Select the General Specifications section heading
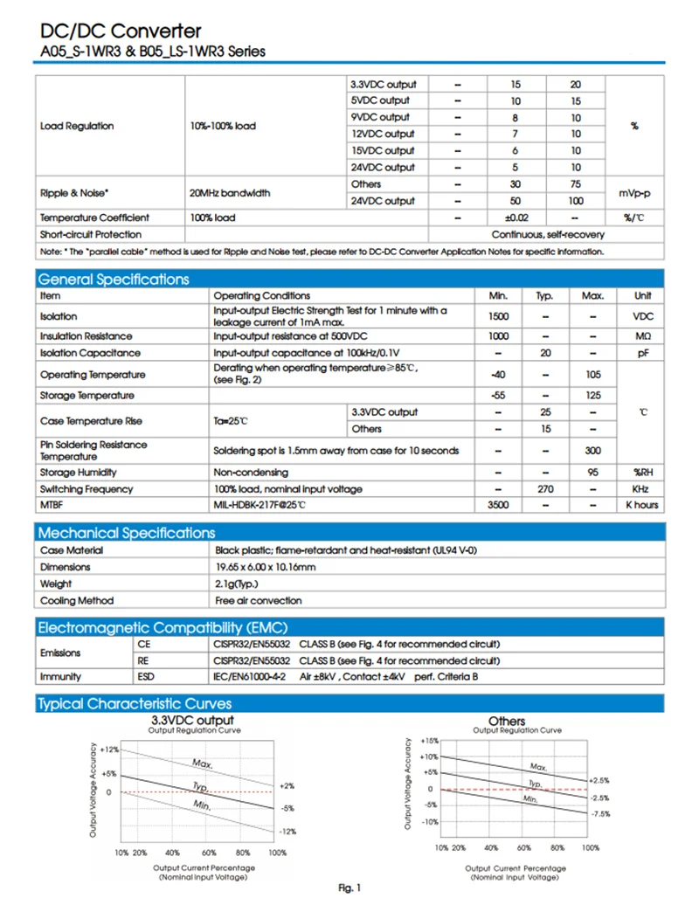tap(113, 280)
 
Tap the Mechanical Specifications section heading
tap(126, 533)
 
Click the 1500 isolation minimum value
tap(499, 316)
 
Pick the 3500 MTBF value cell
tap(499, 506)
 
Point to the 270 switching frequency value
tap(544, 489)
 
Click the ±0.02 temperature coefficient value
tap(516, 218)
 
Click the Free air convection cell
tap(259, 600)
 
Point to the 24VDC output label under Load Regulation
tap(383, 167)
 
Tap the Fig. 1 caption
tap(349, 888)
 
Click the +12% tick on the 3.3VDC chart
tap(109, 750)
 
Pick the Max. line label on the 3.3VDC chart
tap(203, 763)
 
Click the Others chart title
tap(507, 721)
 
